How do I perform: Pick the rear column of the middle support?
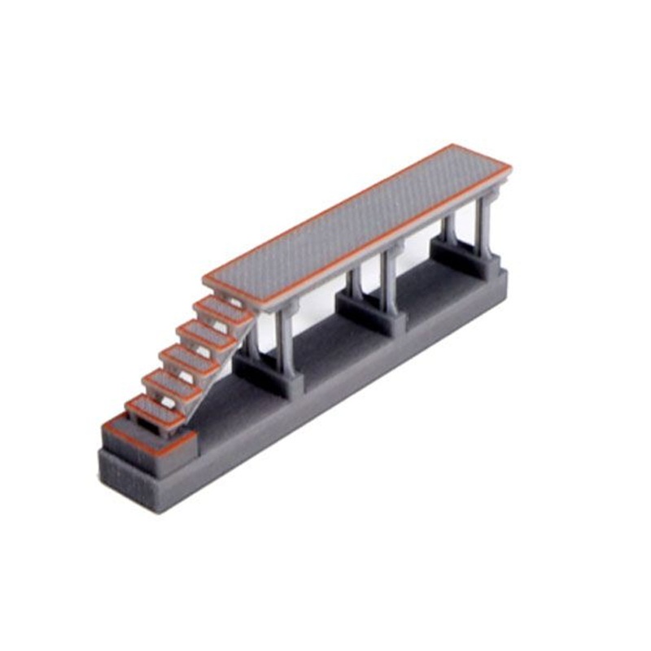pos(355,281)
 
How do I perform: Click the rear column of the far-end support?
pos(450,228)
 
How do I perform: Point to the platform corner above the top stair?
pos(207,280)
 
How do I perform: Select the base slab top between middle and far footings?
pos(423,297)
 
